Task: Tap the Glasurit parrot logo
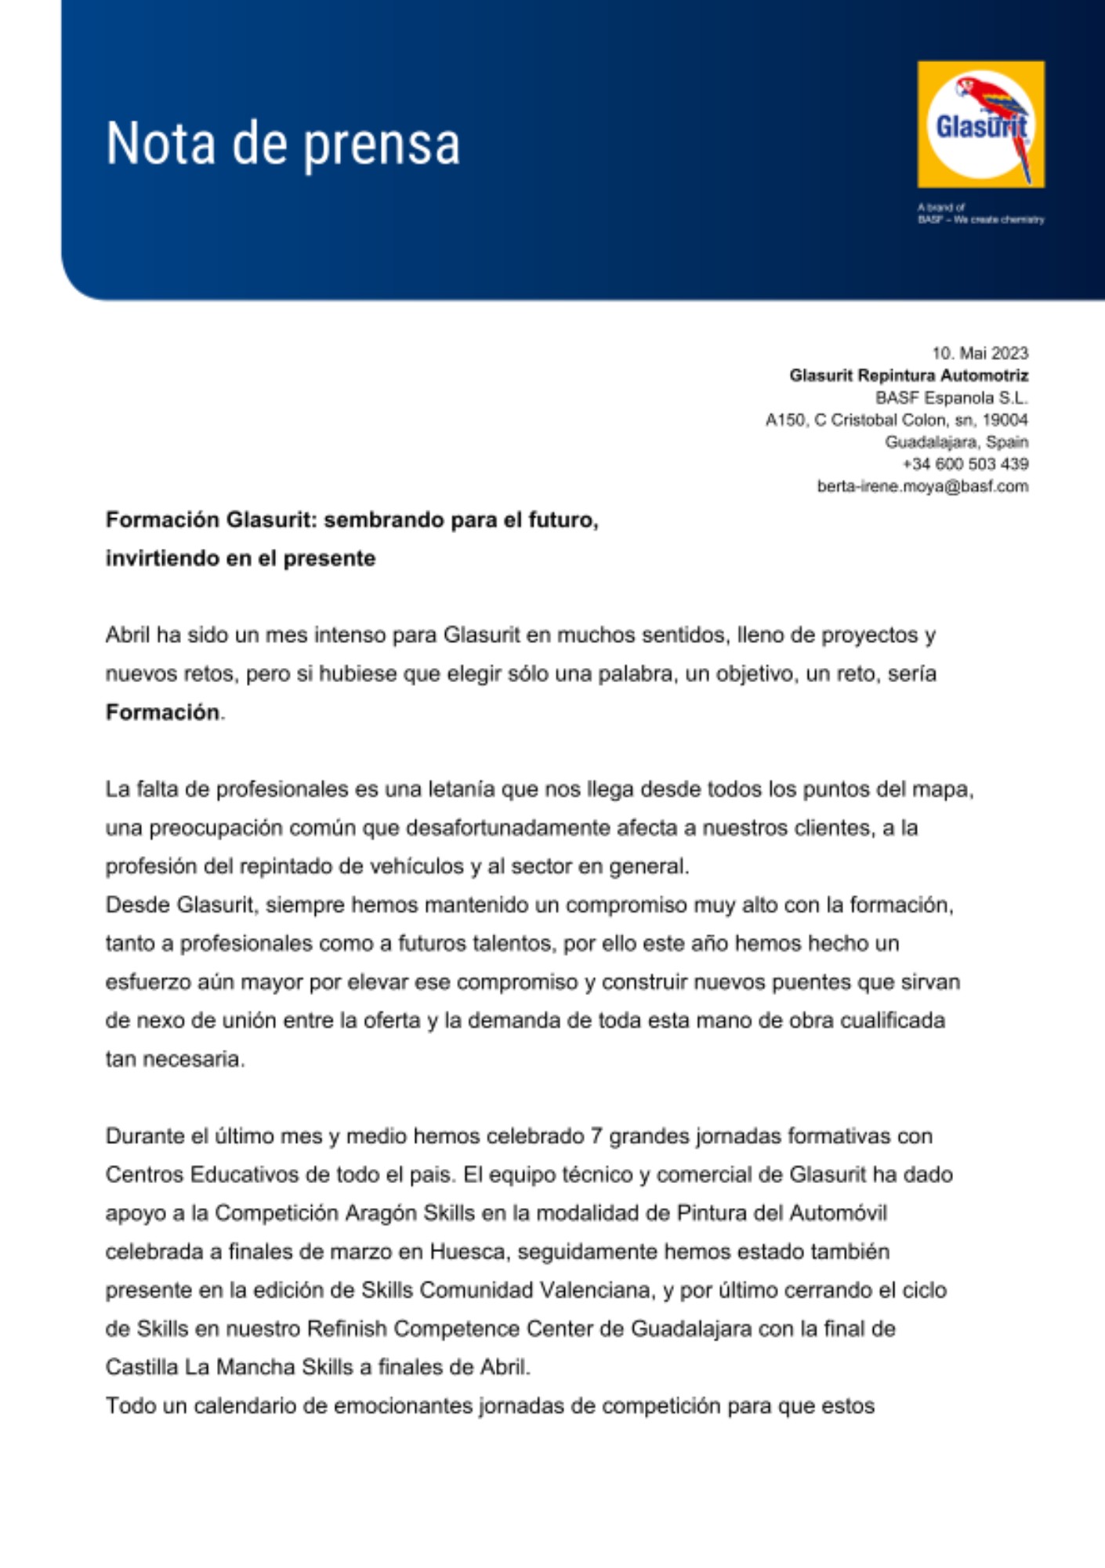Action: (980, 124)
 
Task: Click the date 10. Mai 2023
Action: (980, 354)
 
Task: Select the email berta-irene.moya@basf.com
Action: (922, 486)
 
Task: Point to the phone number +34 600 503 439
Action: (966, 464)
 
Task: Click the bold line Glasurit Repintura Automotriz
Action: (908, 376)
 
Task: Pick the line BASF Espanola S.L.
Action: (951, 397)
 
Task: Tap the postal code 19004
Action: (1005, 420)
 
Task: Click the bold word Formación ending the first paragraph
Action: (162, 713)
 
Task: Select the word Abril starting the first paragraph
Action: (127, 635)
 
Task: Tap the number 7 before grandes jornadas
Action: (596, 1136)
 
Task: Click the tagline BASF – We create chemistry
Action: (980, 220)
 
